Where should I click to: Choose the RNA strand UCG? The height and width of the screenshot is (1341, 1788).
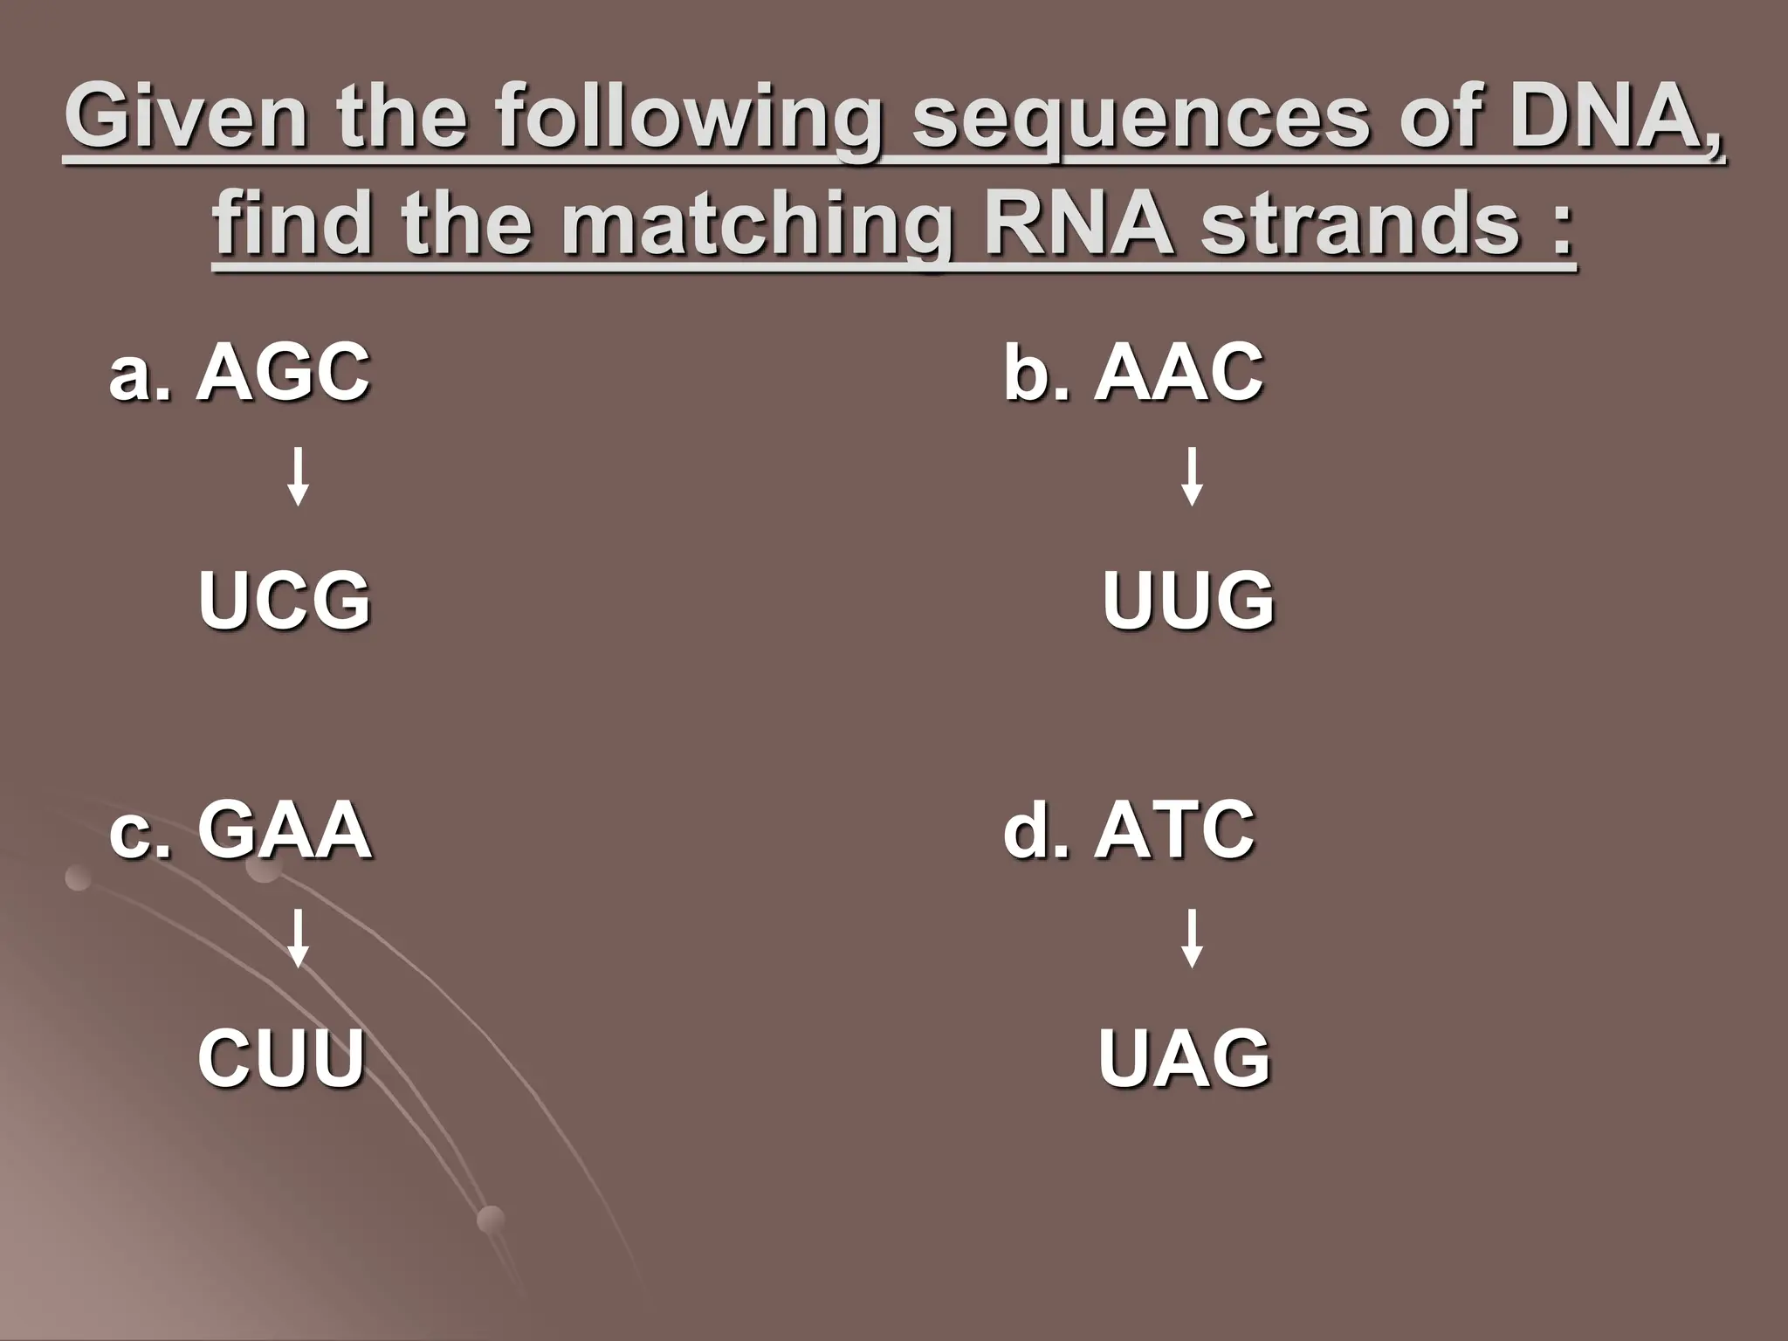coord(285,600)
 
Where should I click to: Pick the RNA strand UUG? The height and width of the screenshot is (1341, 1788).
coord(1188,600)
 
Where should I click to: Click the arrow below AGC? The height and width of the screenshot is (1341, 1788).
coord(298,477)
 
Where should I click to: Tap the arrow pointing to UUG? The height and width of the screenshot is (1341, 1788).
coord(1192,477)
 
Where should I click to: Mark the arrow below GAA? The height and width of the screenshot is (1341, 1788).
coord(298,939)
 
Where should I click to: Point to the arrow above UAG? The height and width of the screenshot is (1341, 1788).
coord(1192,939)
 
